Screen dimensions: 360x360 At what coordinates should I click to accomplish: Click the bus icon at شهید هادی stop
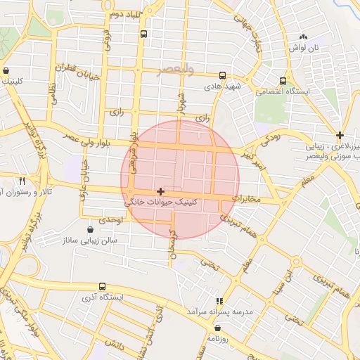222,75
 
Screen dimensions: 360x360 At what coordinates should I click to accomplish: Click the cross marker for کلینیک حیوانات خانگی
161,191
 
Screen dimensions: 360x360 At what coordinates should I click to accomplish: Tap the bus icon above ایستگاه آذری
103,286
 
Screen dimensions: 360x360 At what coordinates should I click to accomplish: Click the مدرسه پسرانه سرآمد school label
220,311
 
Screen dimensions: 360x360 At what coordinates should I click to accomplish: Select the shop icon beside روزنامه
217,328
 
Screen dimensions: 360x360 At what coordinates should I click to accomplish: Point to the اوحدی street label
110,220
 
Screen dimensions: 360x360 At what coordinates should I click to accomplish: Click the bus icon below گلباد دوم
144,34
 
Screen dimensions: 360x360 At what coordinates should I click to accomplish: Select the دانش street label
115,343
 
